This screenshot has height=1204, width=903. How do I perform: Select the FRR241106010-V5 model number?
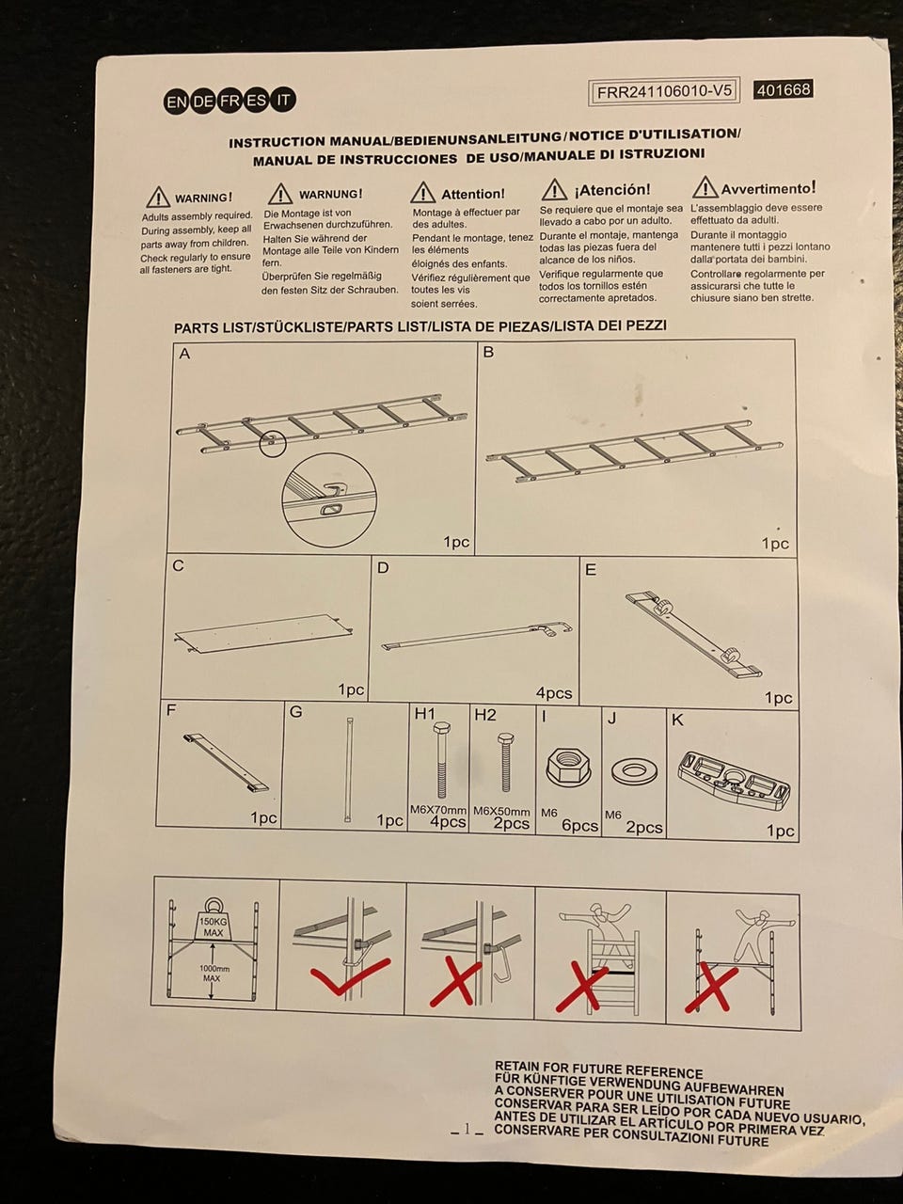click(x=664, y=91)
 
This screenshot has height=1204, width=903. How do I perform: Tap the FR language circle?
click(x=230, y=102)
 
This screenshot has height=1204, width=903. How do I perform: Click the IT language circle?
click(x=284, y=100)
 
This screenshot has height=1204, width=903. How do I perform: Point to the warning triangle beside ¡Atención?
click(x=554, y=190)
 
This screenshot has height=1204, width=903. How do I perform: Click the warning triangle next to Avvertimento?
click(x=705, y=187)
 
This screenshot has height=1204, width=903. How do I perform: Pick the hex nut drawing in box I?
click(x=567, y=763)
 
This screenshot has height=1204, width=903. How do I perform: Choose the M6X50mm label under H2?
click(x=501, y=811)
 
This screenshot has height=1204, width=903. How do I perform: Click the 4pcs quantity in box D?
click(x=554, y=693)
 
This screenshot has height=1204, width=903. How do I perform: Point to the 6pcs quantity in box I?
click(x=579, y=825)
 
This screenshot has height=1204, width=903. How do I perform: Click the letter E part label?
click(x=591, y=570)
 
